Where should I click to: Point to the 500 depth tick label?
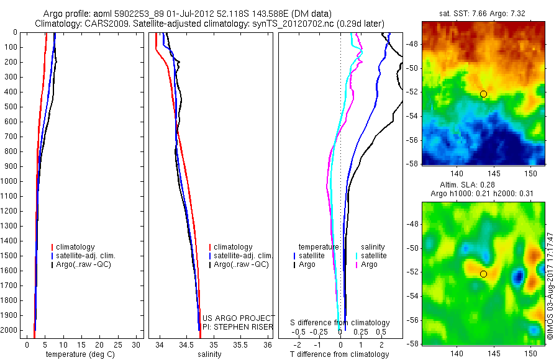(11, 107)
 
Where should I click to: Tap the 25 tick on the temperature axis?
(117, 345)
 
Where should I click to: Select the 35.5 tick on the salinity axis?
(240, 345)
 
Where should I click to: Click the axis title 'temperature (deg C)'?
(80, 354)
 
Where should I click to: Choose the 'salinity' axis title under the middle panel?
(209, 354)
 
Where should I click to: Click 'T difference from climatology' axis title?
(339, 354)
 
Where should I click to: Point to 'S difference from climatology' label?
(340, 323)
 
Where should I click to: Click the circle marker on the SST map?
(483, 94)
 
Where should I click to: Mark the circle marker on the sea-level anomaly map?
(483, 274)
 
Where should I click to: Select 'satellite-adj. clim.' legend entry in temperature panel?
(83, 256)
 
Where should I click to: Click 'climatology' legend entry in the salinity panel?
(230, 246)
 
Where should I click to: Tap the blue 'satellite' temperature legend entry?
(309, 256)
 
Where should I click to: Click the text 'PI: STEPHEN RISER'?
(238, 327)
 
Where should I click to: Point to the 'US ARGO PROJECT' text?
(239, 318)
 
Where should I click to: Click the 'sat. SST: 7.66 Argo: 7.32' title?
(483, 14)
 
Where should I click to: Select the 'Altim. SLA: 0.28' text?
(467, 184)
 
